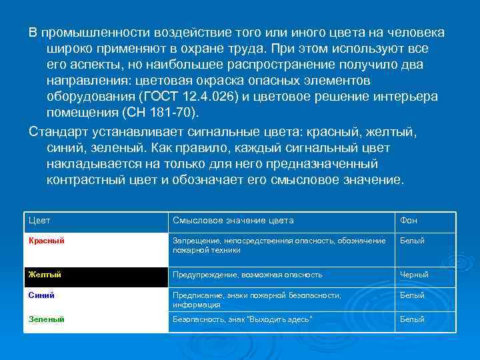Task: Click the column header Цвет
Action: point(40,221)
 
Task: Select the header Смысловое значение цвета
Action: point(233,221)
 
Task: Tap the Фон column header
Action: point(409,221)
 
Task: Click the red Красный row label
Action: point(46,241)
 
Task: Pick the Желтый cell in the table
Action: point(44,275)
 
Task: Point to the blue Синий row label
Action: point(41,295)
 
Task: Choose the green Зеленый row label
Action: point(46,319)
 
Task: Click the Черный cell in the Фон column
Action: point(414,275)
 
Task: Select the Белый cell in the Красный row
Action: point(412,241)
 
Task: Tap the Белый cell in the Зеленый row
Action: point(412,319)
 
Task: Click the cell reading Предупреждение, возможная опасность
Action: point(247,275)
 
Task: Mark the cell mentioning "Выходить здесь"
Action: point(243,319)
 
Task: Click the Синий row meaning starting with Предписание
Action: point(257,299)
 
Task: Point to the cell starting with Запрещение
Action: point(279,245)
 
